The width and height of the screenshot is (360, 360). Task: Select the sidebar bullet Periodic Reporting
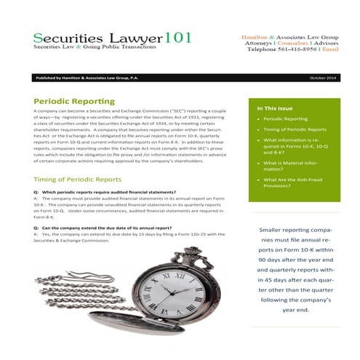click(285, 118)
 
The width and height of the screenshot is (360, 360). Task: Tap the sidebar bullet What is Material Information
click(290, 168)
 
